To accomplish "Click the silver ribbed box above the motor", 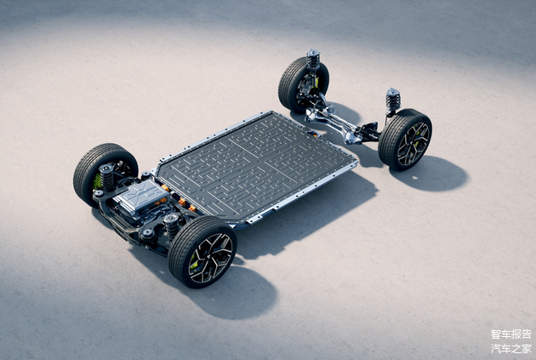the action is click(140, 197).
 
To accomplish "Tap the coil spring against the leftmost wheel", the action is click(106, 177).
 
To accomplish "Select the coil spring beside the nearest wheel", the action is click(171, 226).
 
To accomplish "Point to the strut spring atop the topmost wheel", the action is click(313, 60).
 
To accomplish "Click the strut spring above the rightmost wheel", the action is click(393, 100).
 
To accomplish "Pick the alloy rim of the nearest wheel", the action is click(211, 258).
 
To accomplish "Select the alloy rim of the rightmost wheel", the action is click(413, 144).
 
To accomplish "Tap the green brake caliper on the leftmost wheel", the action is click(97, 181).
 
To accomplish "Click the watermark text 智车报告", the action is click(511, 334).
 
